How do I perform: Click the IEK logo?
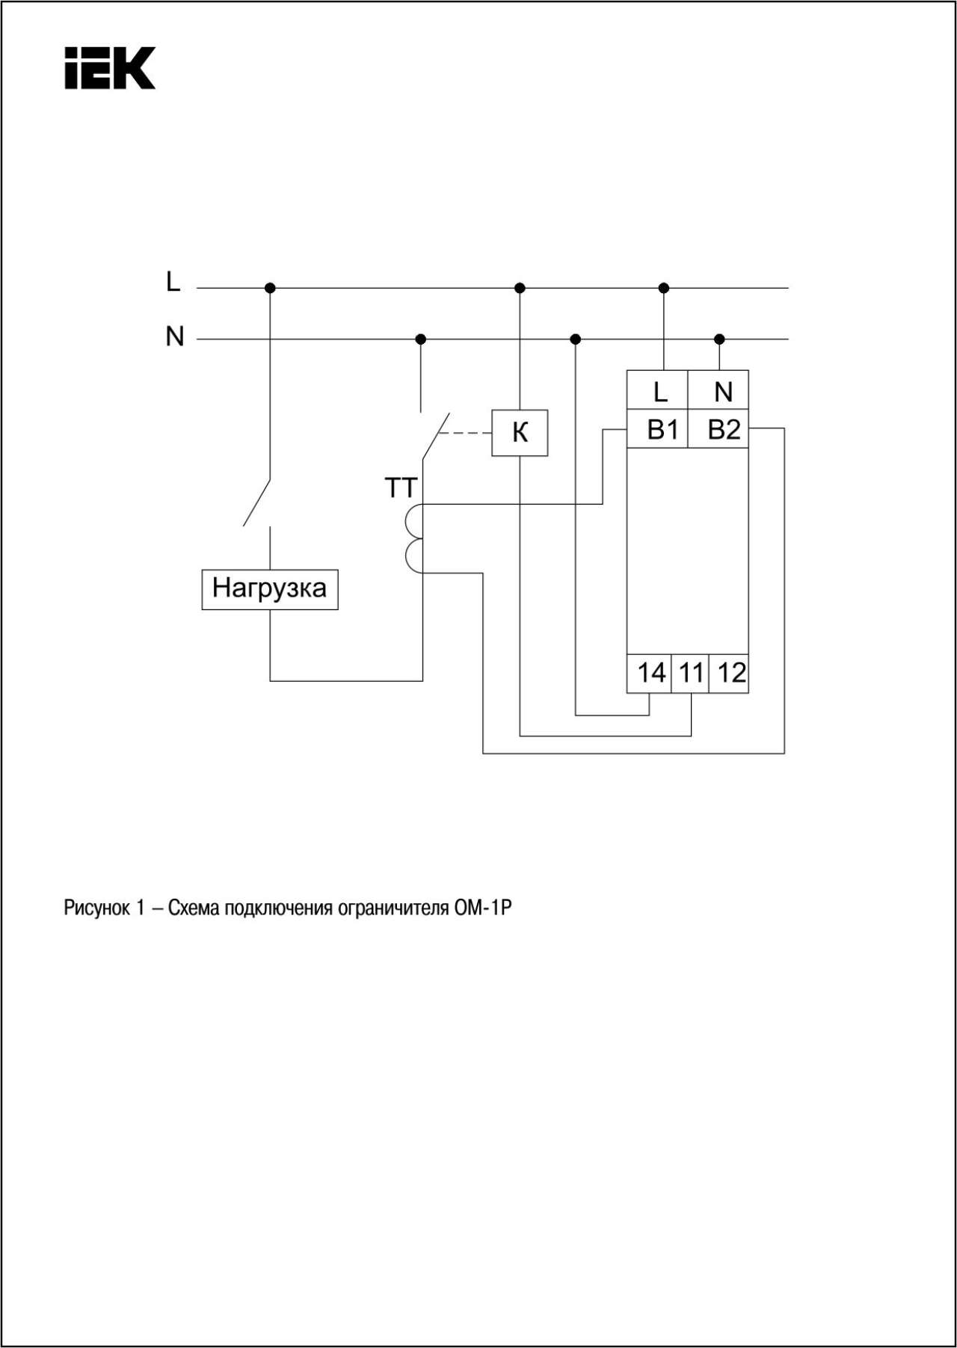pyautogui.click(x=110, y=68)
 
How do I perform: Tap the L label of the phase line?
pyautogui.click(x=173, y=282)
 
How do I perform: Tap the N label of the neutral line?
pyautogui.click(x=174, y=336)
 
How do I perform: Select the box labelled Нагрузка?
pyautogui.click(x=270, y=589)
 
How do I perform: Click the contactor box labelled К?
pyautogui.click(x=520, y=433)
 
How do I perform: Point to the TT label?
pyautogui.click(x=400, y=488)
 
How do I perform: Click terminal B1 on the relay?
pyautogui.click(x=657, y=428)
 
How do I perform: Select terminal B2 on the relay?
pyautogui.click(x=718, y=428)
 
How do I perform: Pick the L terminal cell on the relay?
pyautogui.click(x=657, y=390)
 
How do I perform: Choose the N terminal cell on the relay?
pyautogui.click(x=718, y=390)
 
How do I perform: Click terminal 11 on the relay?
pyautogui.click(x=690, y=673)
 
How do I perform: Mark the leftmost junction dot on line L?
pyautogui.click(x=270, y=288)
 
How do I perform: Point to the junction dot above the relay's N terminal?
pyautogui.click(x=719, y=339)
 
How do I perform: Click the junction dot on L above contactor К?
pyautogui.click(x=520, y=288)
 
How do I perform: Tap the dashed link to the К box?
pyautogui.click(x=464, y=433)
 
